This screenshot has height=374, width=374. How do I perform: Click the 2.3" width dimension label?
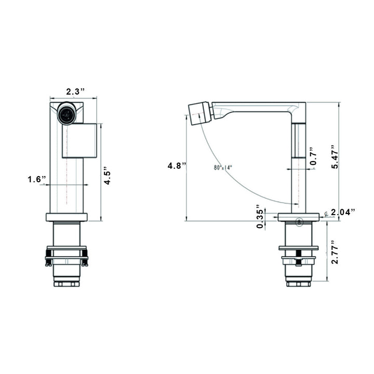pos(75,91)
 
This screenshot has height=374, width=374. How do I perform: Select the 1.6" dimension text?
pos(37,180)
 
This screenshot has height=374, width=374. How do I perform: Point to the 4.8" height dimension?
pos(173,166)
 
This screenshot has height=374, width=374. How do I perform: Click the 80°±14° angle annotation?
pos(222,167)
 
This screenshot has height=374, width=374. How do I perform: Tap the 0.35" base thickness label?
pos(260,218)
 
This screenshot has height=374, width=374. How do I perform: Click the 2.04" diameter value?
pos(343,212)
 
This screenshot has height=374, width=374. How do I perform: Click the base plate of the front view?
pos(66,217)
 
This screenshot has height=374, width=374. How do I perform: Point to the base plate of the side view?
pos(298,217)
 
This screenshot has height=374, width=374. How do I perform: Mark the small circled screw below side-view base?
pos(299,222)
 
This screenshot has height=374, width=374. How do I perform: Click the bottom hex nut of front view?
pos(66,284)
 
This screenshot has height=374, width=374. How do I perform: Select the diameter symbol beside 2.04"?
pos(325,212)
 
